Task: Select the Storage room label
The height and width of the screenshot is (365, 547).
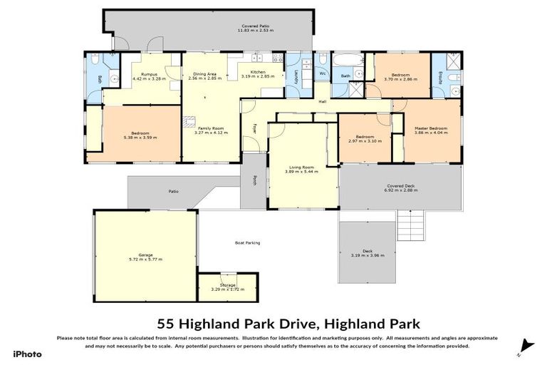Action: pos(227,285)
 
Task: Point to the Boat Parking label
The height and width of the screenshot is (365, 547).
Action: pos(247,242)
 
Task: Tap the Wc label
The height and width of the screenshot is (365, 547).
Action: pos(323,73)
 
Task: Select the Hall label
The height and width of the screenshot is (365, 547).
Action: pos(322,102)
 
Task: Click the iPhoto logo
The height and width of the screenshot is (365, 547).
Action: pos(28,354)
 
